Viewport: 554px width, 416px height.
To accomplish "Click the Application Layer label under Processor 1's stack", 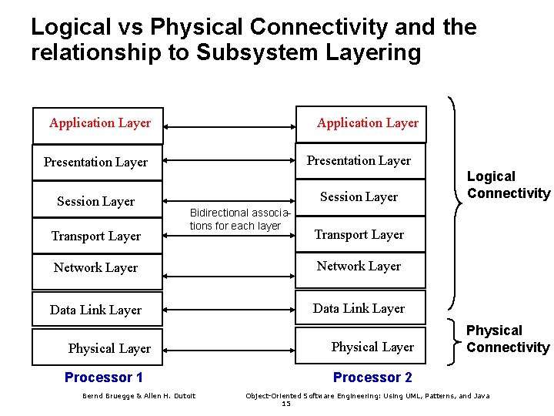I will click(x=100, y=123).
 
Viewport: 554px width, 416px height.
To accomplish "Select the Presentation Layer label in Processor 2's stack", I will click(x=359, y=161).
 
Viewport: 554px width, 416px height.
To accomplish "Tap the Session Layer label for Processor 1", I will click(x=95, y=202).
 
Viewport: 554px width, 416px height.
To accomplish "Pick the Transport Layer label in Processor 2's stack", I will click(x=359, y=235).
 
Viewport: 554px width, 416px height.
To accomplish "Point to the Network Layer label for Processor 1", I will click(x=95, y=268).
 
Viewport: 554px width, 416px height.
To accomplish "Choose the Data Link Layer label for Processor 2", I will click(x=359, y=309).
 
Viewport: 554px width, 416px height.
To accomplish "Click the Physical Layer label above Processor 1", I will click(x=109, y=349).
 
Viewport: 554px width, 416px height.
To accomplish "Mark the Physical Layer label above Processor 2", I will click(x=372, y=347).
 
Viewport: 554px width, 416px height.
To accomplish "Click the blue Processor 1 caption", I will click(x=104, y=377).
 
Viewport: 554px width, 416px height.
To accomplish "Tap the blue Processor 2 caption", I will click(x=372, y=377).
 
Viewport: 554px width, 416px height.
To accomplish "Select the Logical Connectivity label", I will click(x=508, y=186).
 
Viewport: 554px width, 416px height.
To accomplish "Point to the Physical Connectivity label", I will click(x=508, y=339).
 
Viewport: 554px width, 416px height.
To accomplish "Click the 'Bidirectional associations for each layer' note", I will click(x=241, y=219).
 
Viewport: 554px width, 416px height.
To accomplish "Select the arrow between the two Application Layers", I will click(x=230, y=125).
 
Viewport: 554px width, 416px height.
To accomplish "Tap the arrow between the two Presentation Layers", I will click(x=230, y=161).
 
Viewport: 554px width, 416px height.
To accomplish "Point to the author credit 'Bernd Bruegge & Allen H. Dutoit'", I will click(x=138, y=396).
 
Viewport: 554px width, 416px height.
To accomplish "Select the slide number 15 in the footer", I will click(x=285, y=404).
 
